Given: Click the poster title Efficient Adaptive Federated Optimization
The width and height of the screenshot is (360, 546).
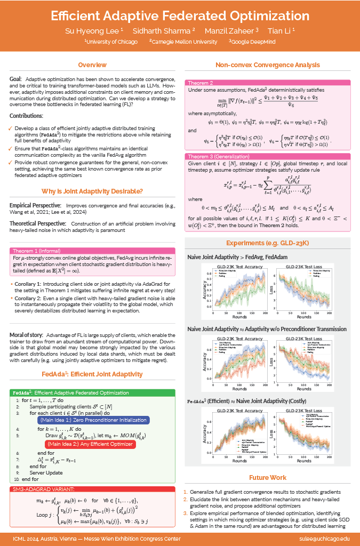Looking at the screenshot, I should tap(180, 14).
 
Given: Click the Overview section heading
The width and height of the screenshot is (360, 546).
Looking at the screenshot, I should tap(92, 65).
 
